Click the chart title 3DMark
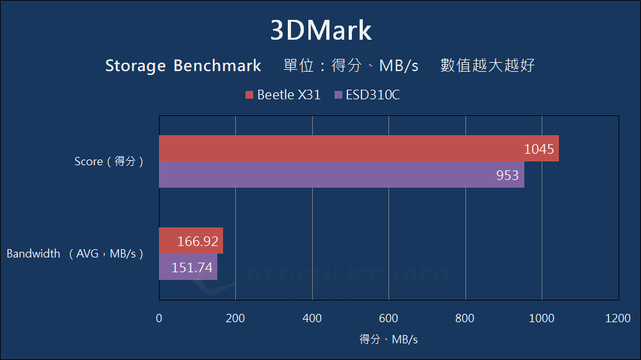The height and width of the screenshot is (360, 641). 320,30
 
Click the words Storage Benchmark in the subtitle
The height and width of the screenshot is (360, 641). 183,66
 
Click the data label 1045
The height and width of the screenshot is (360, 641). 539,149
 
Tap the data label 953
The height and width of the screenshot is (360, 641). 507,175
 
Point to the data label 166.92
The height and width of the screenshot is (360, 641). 198,241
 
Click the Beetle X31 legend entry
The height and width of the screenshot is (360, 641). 283,95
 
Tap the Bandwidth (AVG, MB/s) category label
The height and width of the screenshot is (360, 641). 75,254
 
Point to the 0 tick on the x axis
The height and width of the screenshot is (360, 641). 159,318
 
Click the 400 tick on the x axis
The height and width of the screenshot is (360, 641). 312,318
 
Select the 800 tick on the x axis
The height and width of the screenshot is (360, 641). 465,318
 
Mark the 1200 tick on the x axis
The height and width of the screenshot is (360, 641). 618,318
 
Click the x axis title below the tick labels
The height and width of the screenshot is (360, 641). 388,340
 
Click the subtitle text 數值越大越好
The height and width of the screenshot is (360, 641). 487,65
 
